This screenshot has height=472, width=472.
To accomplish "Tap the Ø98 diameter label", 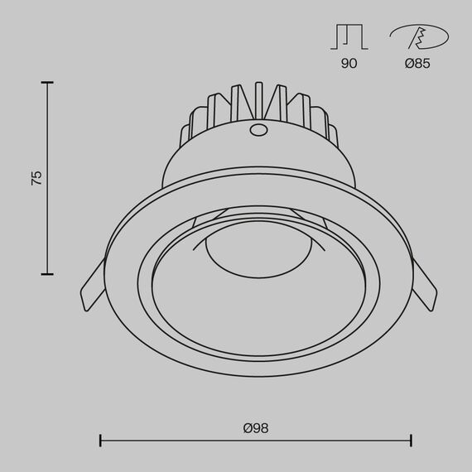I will coord(256,428).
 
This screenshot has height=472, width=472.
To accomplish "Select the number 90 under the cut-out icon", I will coord(349,63).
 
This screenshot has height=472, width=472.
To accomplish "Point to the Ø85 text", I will coord(417,63).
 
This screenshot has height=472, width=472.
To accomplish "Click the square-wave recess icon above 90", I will coord(348,36).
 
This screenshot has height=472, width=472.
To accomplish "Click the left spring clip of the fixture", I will coord(92,286).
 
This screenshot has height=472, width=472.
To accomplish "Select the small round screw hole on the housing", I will coord(258,130).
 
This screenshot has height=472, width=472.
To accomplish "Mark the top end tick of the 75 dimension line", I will coord(47,83).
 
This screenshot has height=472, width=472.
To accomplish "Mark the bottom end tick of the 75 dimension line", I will coord(47,273).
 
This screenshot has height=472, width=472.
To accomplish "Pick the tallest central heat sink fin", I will coord(260,99).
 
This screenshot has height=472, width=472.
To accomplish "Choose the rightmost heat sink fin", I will coord(330,133).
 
